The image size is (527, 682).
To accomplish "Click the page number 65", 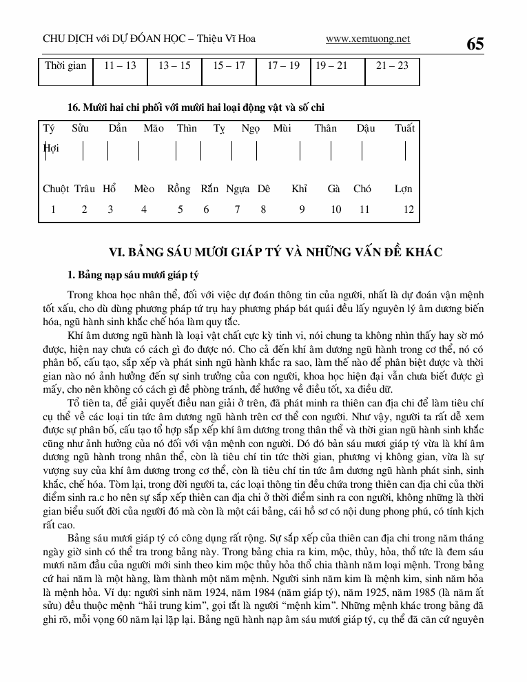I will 475,44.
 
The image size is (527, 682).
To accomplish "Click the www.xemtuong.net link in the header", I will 368,39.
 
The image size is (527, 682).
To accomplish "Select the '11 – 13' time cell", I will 120,65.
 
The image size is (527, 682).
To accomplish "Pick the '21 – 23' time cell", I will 392,65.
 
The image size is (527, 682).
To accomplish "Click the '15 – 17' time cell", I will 229,65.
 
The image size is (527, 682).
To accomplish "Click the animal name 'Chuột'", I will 55,189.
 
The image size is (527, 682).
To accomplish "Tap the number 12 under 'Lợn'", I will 409,209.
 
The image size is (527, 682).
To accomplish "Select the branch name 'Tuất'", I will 405,128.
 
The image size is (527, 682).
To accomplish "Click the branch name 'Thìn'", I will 187,128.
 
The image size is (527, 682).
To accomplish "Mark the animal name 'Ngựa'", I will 238,189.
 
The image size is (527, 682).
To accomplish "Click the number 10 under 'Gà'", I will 335,209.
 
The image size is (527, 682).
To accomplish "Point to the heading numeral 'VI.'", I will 110,252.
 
